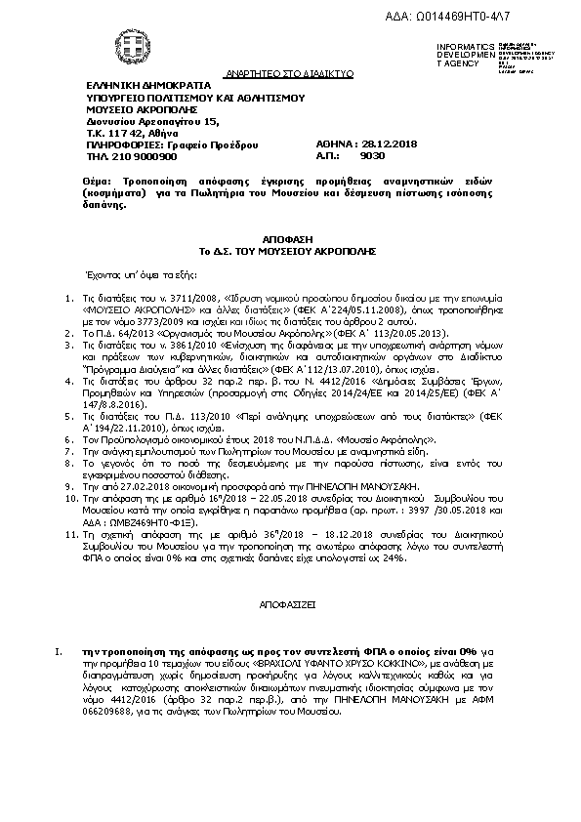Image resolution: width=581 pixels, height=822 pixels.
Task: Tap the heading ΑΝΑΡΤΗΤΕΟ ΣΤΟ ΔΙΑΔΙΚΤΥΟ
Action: tap(277, 73)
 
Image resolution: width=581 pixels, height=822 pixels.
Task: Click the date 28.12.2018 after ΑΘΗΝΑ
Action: tap(366, 144)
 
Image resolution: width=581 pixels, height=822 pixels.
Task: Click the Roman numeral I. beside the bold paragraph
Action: tap(61, 650)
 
